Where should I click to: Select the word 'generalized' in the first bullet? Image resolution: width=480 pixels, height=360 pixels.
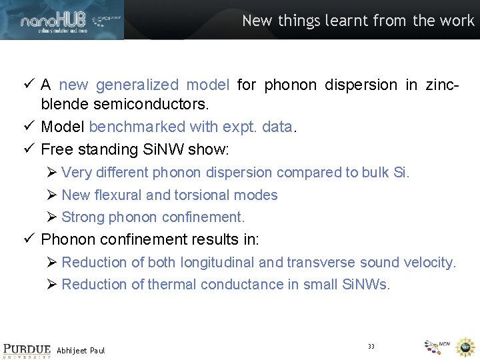tap(137, 85)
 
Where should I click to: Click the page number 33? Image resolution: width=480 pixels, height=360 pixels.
tap(371, 345)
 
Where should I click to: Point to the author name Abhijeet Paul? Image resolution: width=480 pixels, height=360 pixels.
tap(81, 350)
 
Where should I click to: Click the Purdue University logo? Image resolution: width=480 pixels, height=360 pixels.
tap(26, 351)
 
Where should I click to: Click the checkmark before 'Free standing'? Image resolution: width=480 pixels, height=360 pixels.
tap(29, 149)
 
